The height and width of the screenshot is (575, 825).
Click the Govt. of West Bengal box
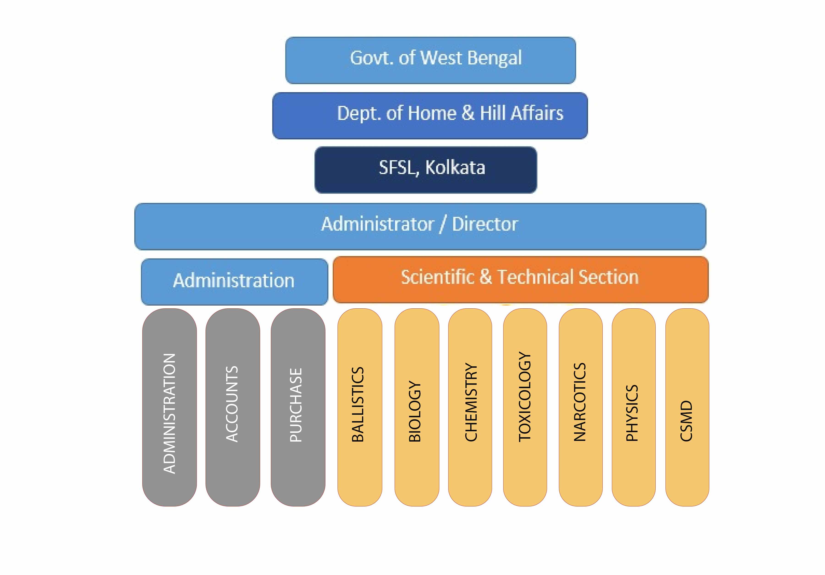point(430,60)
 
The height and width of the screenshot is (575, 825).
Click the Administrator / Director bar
point(420,227)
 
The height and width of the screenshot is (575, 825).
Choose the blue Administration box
point(234,282)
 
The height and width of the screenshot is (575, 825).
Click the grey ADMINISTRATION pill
point(169,407)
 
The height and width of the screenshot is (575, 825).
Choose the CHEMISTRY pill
point(470,407)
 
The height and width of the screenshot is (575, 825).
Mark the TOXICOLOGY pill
point(525,407)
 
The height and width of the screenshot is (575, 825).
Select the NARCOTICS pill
point(580,407)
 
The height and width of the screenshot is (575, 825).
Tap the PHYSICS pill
point(633,407)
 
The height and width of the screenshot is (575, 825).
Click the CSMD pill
point(687,407)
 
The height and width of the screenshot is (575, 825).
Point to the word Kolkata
point(455,167)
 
